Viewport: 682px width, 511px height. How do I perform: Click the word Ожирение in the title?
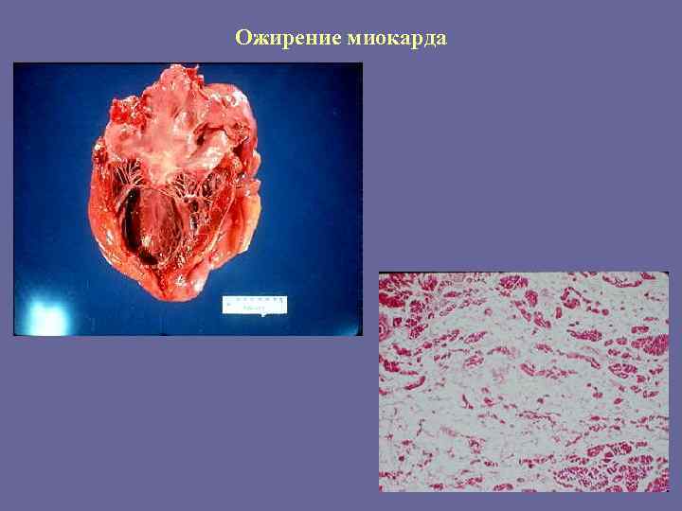click(288, 39)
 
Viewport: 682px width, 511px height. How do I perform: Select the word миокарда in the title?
click(397, 39)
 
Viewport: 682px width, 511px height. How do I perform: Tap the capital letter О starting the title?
click(243, 39)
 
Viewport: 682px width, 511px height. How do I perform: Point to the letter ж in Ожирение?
click(259, 40)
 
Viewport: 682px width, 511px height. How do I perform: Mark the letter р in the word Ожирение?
click(284, 41)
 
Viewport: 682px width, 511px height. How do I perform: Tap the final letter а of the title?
click(440, 40)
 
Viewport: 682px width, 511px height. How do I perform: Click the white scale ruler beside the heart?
click(254, 305)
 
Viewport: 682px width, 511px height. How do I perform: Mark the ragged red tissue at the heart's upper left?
click(123, 112)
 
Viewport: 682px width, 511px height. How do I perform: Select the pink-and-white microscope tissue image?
click(524, 381)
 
